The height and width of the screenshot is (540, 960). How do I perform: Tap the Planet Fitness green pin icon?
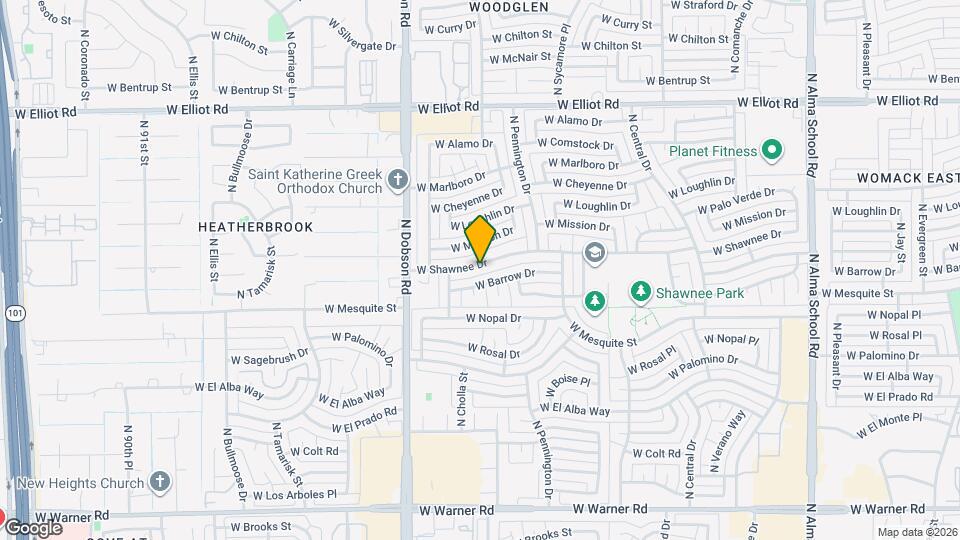coord(771,151)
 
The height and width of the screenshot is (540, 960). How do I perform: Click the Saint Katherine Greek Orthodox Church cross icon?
coord(398,180)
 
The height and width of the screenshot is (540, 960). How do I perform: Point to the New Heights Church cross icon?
coord(159,483)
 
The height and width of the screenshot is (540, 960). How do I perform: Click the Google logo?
coord(33,527)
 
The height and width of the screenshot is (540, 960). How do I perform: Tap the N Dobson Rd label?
coord(407,257)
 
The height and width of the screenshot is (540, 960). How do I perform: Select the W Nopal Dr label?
coord(493,318)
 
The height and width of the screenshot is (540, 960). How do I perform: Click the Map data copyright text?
coord(918,532)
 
